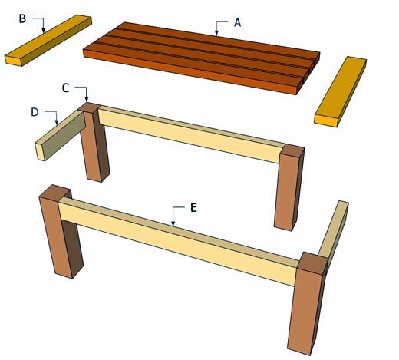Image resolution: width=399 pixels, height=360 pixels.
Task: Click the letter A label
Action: pos(238,22)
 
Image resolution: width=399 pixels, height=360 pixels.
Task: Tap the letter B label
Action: pos(22,18)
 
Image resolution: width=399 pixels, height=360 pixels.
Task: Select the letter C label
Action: pos(66,88)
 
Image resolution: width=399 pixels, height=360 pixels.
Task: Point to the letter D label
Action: pos(35,112)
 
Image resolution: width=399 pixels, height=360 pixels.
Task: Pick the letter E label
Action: pos(194,207)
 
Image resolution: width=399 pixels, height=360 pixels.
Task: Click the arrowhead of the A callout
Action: pos(216,33)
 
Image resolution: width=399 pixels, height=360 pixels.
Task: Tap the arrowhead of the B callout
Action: pos(44,30)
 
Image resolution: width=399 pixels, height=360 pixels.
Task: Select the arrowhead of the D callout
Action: pos(57,122)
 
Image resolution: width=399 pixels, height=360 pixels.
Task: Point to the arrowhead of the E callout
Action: pos(173,223)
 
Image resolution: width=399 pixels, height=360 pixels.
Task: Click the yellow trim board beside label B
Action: pos(48,41)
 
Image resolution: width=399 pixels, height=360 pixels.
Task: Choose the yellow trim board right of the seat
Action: pos(340,91)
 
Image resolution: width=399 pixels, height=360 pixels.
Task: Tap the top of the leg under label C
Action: pos(89,107)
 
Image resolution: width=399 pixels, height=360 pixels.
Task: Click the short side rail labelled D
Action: pos(61,135)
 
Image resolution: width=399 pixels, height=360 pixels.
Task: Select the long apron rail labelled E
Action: pos(179,242)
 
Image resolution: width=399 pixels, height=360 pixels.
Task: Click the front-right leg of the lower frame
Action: pos(308,304)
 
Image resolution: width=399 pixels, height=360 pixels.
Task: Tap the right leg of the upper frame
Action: pos(289,188)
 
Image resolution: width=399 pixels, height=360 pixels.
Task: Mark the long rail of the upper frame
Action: pos(191,134)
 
